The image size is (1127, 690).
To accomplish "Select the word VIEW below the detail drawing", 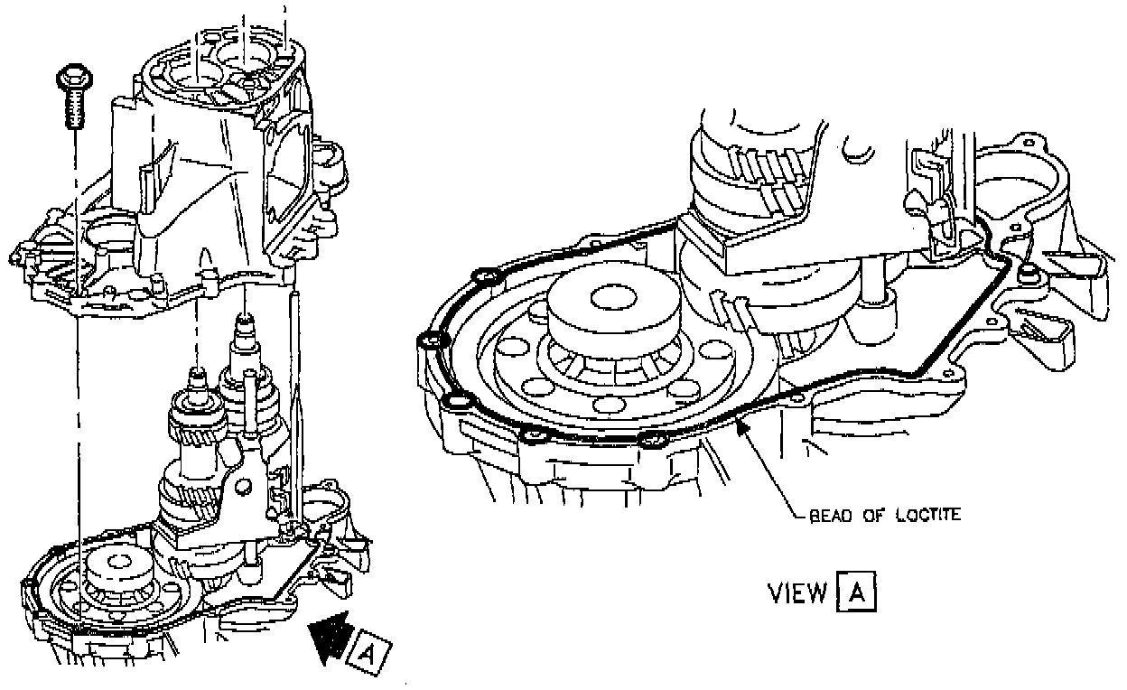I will tap(796, 592).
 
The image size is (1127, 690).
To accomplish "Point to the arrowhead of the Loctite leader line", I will tap(742, 426).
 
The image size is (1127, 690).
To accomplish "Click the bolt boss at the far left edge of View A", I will tap(431, 340).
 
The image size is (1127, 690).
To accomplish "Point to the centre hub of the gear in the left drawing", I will tap(119, 562).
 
